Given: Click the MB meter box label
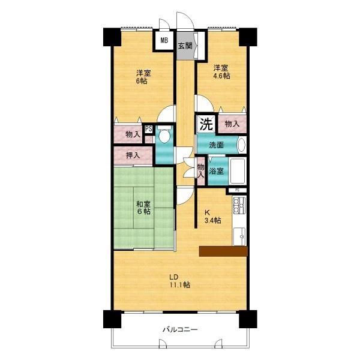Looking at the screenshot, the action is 164,41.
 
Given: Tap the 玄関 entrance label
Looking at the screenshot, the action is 185,46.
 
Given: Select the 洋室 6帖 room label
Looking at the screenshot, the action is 143,77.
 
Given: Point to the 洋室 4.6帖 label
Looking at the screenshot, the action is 221,71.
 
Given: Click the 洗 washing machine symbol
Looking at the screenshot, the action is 206,124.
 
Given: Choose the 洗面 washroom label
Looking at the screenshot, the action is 216,145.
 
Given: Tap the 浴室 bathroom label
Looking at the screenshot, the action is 216,171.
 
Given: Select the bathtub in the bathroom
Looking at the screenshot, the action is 238,170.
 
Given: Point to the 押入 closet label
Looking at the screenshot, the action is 133,155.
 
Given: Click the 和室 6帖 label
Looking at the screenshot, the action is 143,208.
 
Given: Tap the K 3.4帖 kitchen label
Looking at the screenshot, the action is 213,217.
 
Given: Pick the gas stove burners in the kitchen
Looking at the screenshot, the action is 239,205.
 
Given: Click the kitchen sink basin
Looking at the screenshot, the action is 239,236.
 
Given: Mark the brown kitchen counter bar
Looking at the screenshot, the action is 223,251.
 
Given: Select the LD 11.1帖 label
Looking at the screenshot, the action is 180,281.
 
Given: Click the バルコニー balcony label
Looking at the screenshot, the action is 180,329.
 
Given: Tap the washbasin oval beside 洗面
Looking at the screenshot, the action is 241,145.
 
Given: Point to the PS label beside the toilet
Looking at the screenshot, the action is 149,129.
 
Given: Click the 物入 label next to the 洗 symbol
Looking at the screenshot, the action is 232,124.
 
